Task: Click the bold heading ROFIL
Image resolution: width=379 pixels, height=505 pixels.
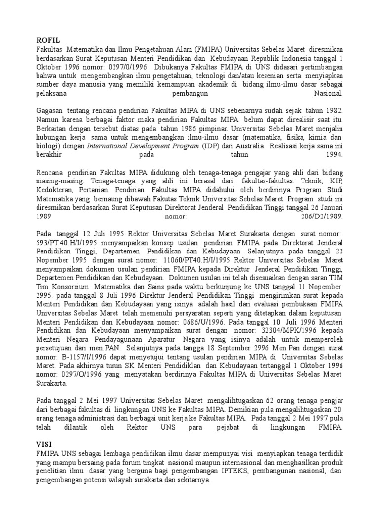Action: (48, 41)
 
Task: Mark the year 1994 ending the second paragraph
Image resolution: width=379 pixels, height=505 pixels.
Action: (334, 155)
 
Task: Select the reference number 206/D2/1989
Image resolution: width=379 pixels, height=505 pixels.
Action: (321, 216)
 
